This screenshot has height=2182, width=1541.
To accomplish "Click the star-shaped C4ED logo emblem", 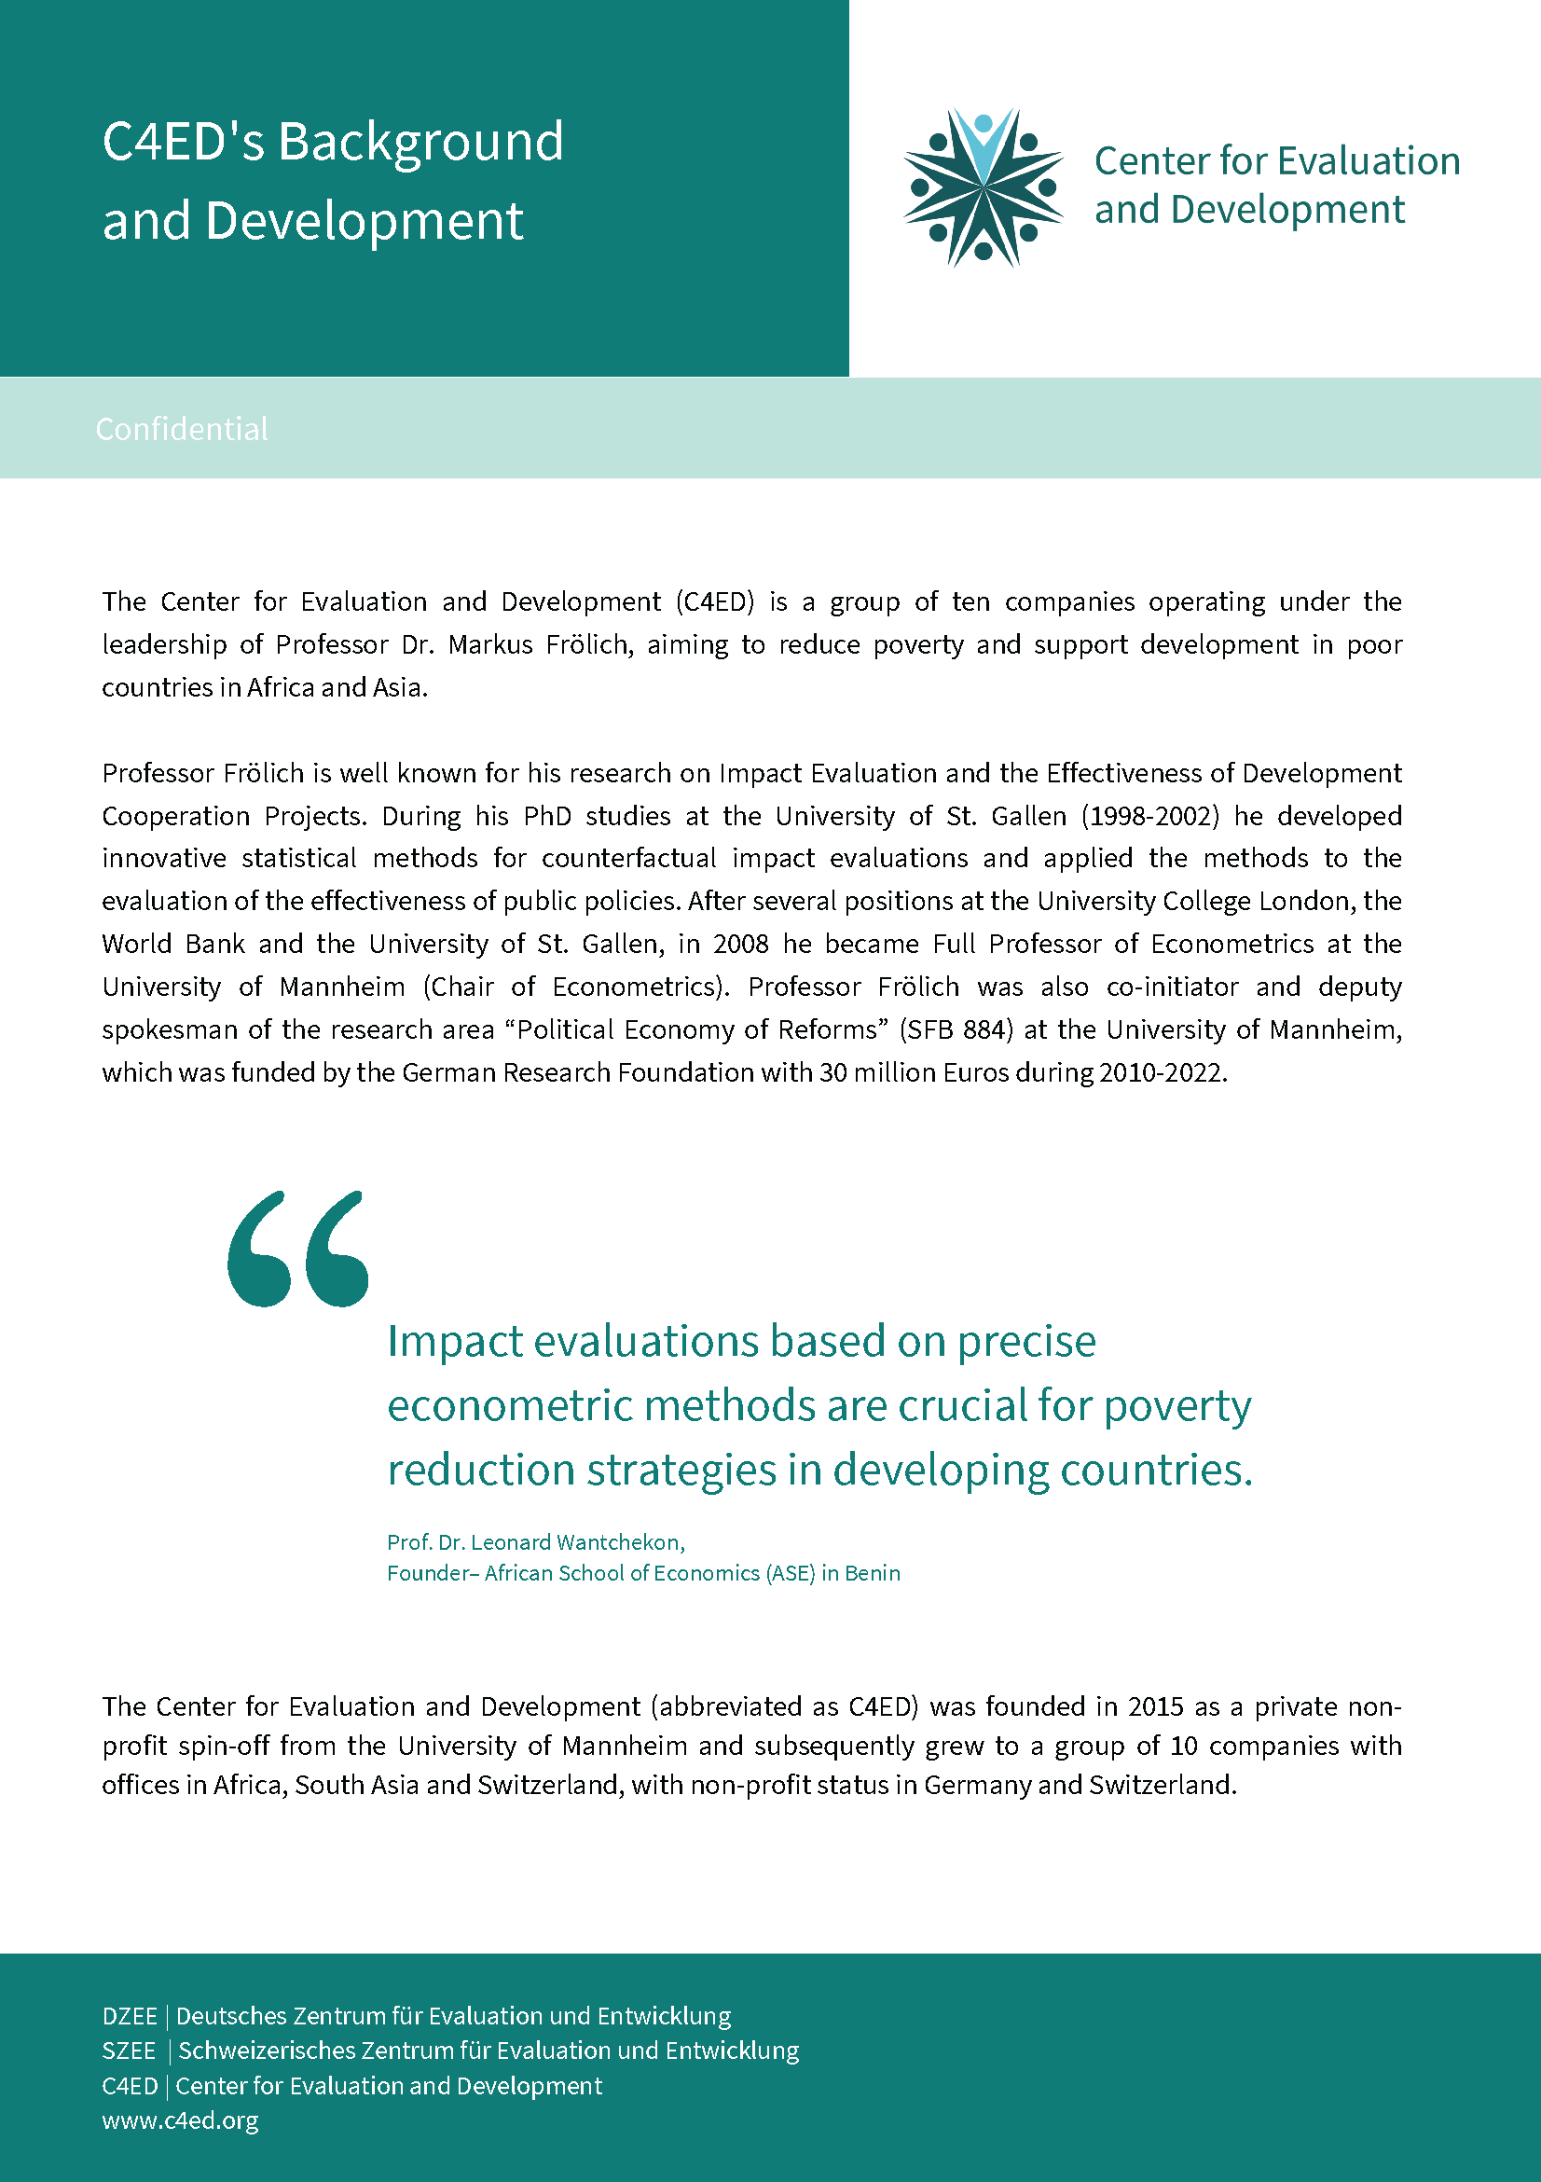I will [984, 187].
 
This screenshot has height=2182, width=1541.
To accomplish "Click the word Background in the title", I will [420, 142].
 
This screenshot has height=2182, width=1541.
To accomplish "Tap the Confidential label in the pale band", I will [182, 430].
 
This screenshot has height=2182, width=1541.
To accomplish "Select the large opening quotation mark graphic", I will [297, 1249].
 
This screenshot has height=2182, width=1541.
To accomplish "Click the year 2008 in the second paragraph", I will [741, 944].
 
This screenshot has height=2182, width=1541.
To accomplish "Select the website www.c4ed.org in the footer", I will [181, 2120].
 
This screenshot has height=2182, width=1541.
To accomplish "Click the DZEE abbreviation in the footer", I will [130, 2016].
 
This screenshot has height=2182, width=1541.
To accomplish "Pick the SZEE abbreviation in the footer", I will [129, 2051].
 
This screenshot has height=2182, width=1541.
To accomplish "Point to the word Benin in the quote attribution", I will [873, 1573].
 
